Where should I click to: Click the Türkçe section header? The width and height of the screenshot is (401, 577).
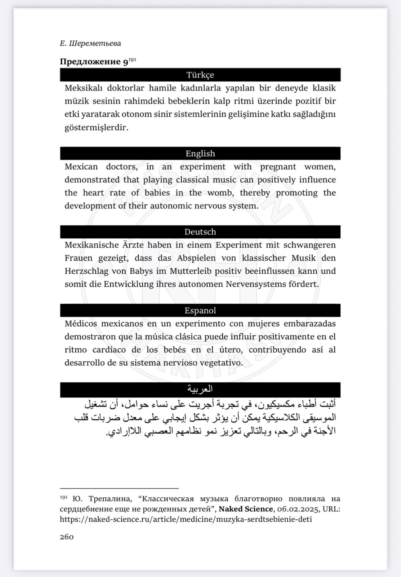tap(200, 75)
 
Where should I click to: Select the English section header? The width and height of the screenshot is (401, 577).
tap(200, 154)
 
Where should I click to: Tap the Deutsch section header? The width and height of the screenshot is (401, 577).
tap(200, 232)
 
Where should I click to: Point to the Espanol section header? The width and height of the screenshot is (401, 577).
tap(200, 310)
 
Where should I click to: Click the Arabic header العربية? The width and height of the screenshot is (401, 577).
tap(200, 389)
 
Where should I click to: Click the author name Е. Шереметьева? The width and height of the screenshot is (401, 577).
tap(90, 44)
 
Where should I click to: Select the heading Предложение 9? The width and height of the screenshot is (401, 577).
tap(94, 62)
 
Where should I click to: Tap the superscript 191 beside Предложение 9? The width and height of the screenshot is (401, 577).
tap(132, 60)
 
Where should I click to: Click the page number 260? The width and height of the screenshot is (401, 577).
tap(67, 537)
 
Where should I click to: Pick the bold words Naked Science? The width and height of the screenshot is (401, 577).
tap(246, 509)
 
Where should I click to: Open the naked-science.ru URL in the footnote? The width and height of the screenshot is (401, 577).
tap(186, 519)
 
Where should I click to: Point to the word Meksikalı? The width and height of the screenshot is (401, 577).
tap(84, 88)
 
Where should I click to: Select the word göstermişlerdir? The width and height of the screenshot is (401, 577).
tap(96, 128)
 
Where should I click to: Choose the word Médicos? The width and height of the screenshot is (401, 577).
tap(81, 324)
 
